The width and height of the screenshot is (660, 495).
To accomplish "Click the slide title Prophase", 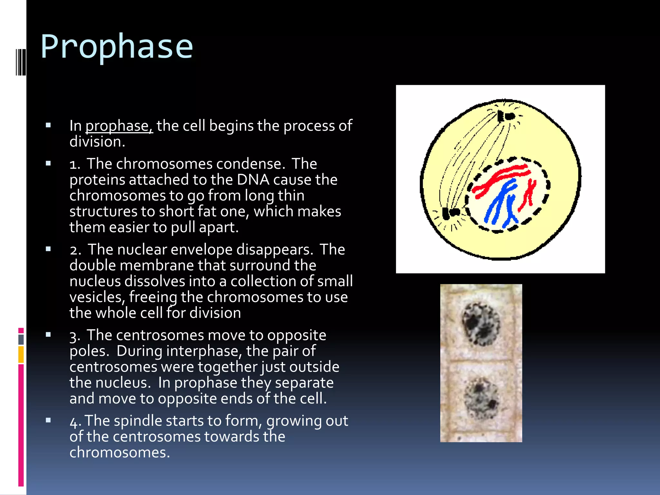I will click(117, 47).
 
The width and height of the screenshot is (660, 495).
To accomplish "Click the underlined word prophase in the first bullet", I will click(119, 126).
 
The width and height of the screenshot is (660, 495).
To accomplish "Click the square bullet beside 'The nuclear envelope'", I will click(48, 249).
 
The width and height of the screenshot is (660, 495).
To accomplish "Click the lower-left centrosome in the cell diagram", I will click(451, 213).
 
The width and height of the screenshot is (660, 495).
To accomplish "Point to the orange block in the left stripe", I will click(21, 354).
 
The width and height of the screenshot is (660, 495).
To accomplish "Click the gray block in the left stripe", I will click(21, 339).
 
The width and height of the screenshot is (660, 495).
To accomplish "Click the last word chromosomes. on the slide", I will click(119, 453).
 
